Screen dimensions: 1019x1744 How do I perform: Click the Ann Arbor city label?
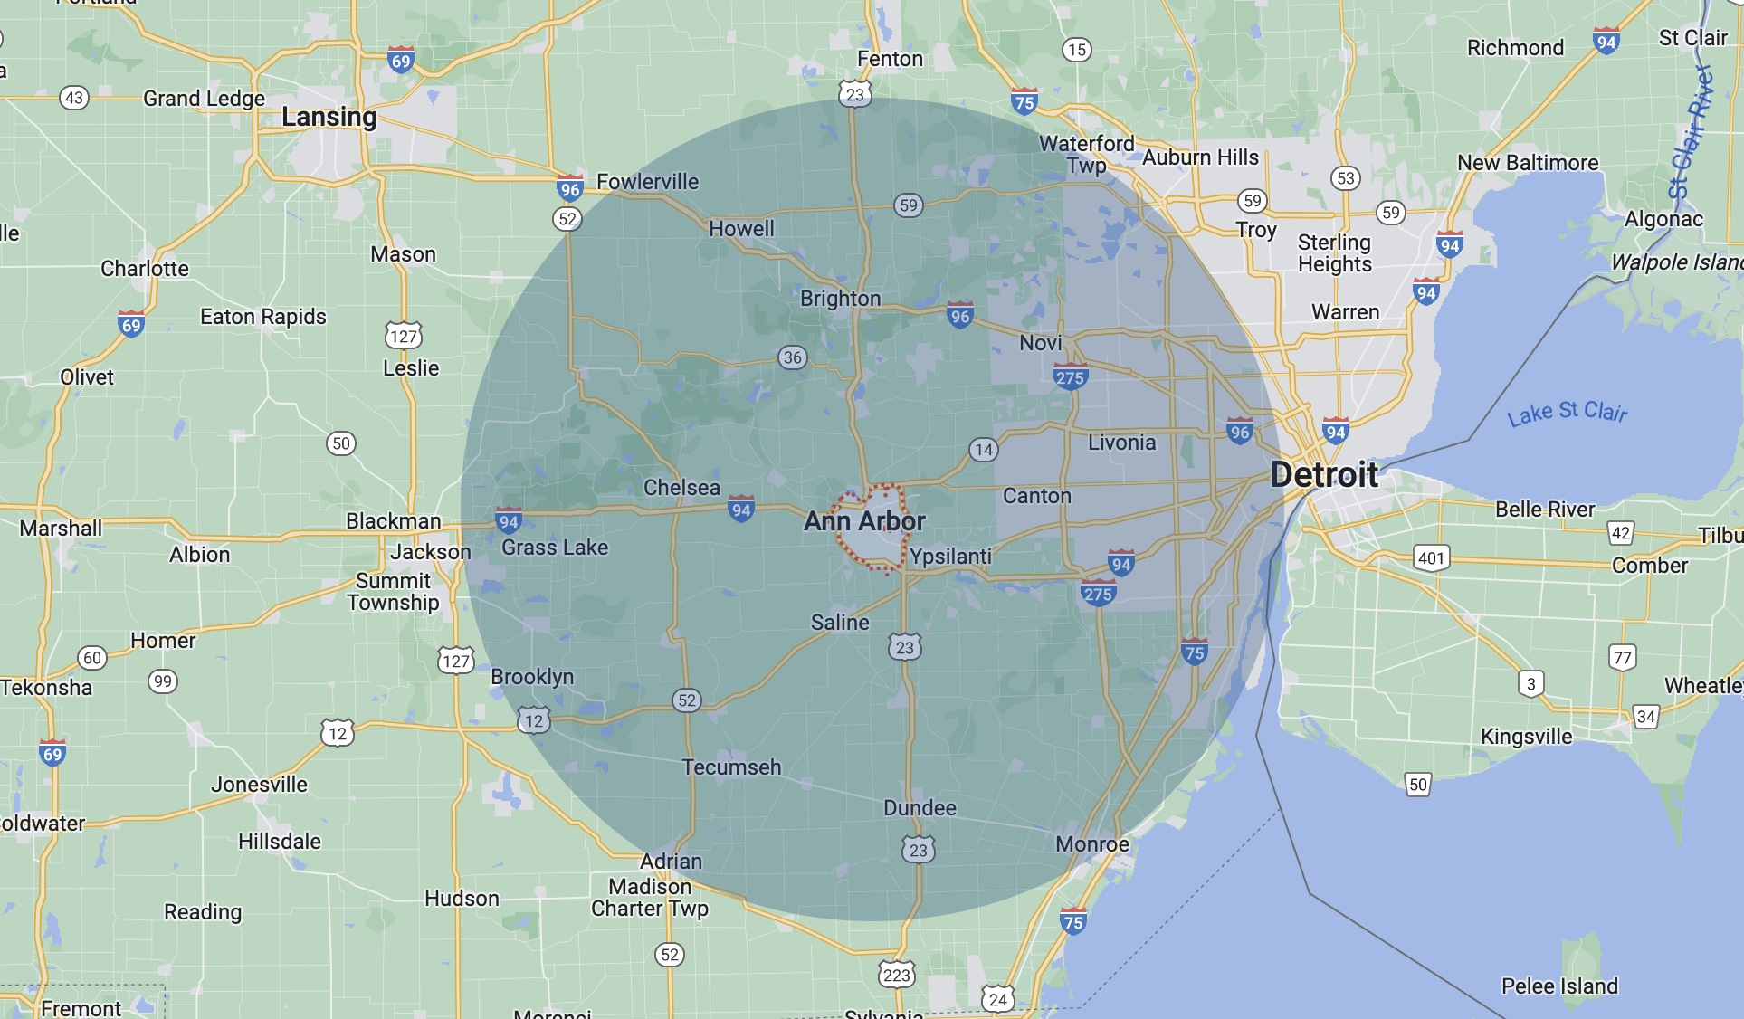click(864, 521)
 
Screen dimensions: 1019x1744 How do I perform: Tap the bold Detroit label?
click(1324, 474)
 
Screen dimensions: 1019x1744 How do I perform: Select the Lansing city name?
click(329, 117)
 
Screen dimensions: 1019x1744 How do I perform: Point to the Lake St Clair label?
click(1567, 413)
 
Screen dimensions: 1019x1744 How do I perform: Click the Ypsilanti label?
click(950, 557)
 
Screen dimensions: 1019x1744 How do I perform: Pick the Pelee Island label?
click(1559, 986)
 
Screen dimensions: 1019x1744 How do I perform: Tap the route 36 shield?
click(793, 357)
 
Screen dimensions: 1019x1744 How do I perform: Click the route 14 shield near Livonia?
click(984, 450)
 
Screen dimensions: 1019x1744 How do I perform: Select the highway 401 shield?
click(1431, 557)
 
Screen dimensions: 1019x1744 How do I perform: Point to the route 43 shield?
click(74, 98)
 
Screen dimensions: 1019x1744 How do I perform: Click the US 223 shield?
click(896, 975)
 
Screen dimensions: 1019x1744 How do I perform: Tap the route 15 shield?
click(1076, 50)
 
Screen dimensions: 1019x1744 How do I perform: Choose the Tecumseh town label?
click(731, 767)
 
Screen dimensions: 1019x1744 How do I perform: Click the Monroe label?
click(1092, 844)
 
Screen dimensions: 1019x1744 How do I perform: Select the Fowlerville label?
click(647, 182)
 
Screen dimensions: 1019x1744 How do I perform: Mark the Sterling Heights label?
click(1334, 253)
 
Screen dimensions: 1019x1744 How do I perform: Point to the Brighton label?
click(840, 299)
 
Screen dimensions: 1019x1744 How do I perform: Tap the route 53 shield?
click(1346, 178)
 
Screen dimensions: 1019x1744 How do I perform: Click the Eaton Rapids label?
click(262, 317)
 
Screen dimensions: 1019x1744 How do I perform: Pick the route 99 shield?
click(163, 681)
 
